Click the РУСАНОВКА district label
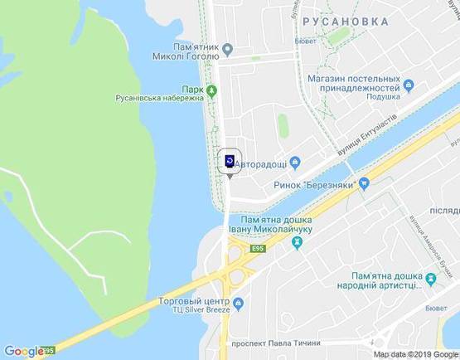pos(345,22)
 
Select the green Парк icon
pos(212,90)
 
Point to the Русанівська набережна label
pos(158,97)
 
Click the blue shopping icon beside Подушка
pos(408,83)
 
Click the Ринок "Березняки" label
pos(314,187)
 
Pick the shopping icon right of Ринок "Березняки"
pos(363,187)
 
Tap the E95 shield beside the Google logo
pos(50,350)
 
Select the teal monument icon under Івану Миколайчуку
pos(296,242)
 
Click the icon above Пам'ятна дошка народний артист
pos(430,275)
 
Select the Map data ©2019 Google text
pos(414,353)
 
